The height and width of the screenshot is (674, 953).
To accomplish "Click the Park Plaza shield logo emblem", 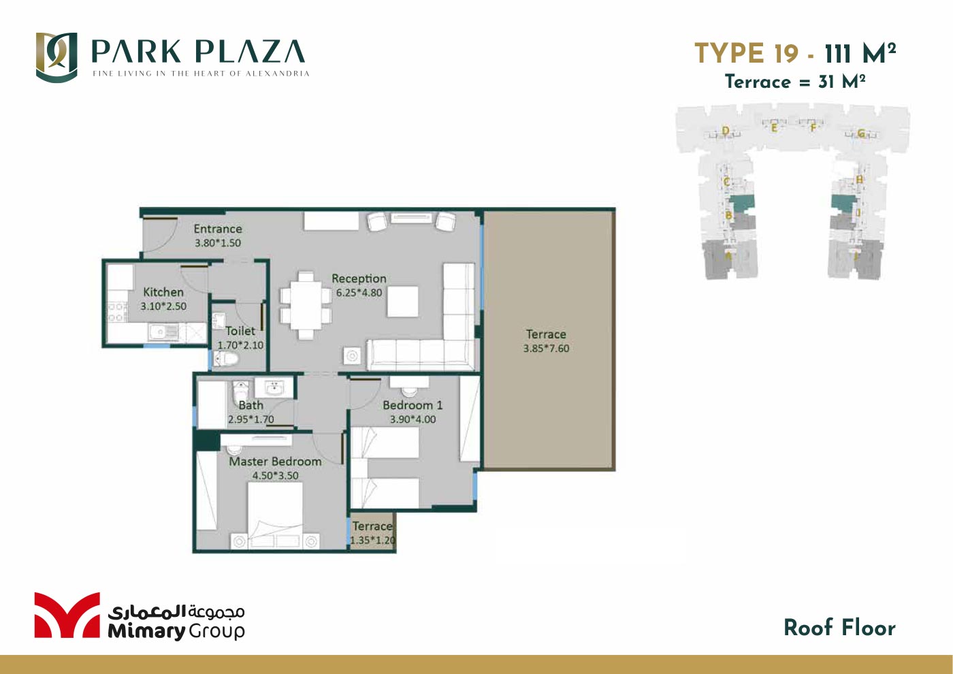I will click(x=56, y=57).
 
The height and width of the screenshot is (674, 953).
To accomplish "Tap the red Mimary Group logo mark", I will click(x=67, y=615).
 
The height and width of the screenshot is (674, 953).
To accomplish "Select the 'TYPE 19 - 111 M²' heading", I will click(x=795, y=53).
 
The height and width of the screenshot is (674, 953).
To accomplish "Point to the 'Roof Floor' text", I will click(x=839, y=628).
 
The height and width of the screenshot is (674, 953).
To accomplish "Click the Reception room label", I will click(x=359, y=278).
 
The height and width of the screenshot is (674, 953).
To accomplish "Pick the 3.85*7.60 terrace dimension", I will click(x=546, y=349).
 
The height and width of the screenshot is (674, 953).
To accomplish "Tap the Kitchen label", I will click(x=163, y=292).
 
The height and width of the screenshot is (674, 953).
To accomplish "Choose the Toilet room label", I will click(x=240, y=331).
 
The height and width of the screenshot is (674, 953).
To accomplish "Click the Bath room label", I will click(x=251, y=405).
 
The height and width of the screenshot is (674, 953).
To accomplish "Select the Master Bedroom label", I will click(x=275, y=462).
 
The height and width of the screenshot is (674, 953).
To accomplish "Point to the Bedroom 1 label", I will click(x=413, y=405).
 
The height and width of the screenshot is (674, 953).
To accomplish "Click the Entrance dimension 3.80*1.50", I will click(x=218, y=243).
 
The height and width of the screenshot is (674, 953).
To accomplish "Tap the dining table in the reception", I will click(x=306, y=305).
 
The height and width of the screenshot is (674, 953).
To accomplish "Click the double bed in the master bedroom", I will click(x=275, y=514).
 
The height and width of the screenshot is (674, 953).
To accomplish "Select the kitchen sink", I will click(x=163, y=332).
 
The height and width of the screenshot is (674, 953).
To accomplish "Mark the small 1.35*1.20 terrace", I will click(x=372, y=532).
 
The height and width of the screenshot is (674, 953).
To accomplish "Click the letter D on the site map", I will click(x=726, y=131).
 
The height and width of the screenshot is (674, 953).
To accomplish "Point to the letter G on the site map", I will click(x=861, y=133).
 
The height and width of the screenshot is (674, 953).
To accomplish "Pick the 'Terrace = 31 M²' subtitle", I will click(x=795, y=82).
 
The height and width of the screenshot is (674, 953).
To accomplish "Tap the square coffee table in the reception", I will click(x=403, y=302).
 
